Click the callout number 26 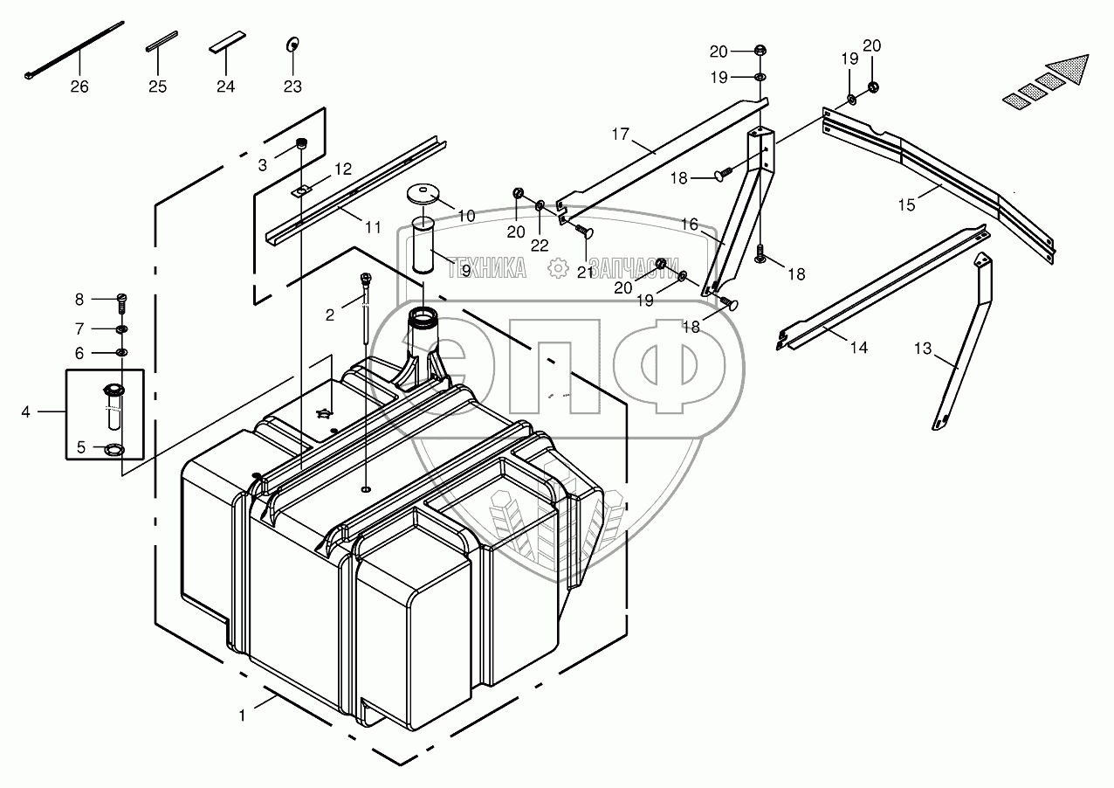click(x=79, y=86)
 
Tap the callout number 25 click(x=157, y=86)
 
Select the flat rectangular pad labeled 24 click(x=226, y=45)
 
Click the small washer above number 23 click(x=292, y=44)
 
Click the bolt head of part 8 click(x=122, y=300)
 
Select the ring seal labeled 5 click(x=114, y=450)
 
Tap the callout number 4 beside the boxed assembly click(x=26, y=411)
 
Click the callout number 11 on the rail click(x=373, y=227)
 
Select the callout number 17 click(x=620, y=135)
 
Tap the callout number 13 click(x=923, y=349)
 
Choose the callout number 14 click(x=859, y=348)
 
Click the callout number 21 click(x=585, y=273)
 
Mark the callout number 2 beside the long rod click(x=330, y=315)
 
